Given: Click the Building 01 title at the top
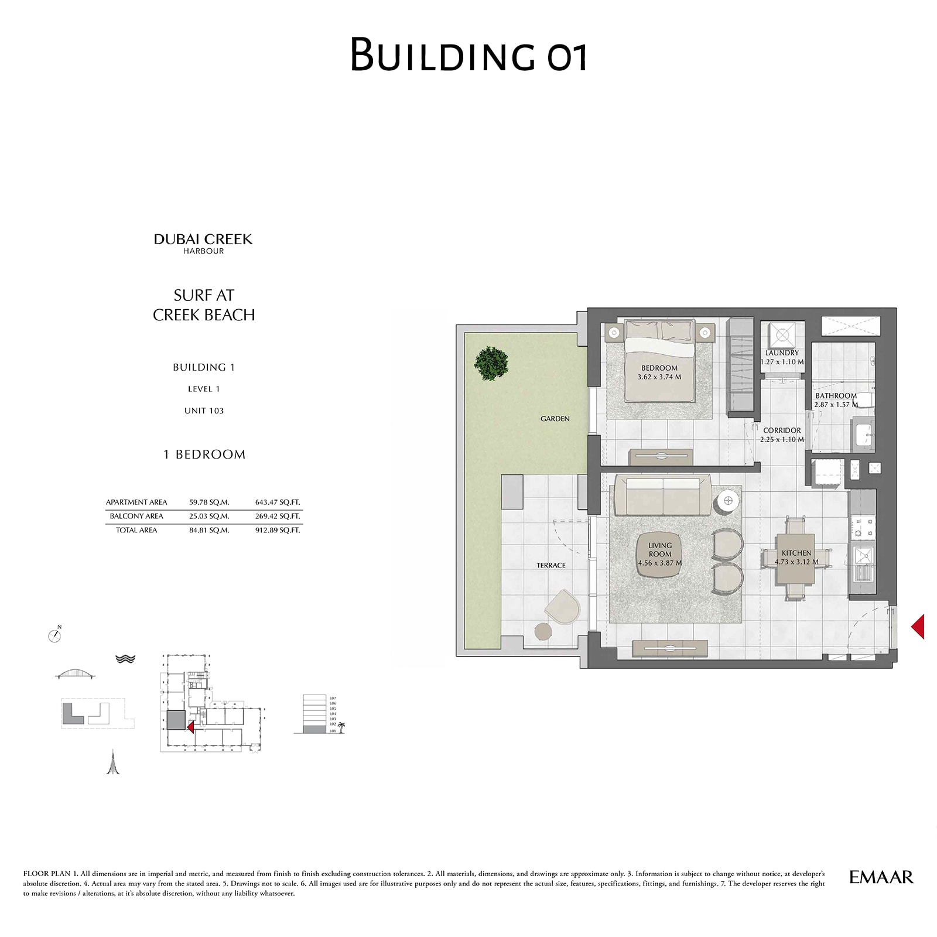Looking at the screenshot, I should (468, 55).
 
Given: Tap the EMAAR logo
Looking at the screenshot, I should (881, 877).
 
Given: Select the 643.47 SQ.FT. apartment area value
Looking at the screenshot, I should (277, 502).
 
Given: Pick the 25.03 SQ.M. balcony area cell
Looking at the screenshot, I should (209, 516).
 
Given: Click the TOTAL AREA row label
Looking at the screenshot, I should (136, 530).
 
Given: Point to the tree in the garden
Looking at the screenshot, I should (491, 363).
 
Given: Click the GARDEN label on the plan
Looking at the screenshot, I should (555, 419).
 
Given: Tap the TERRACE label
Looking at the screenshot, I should (550, 565).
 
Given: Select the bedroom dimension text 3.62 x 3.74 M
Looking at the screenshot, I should (659, 377).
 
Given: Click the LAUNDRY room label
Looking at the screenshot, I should (782, 353).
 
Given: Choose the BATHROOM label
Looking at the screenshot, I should (836, 396).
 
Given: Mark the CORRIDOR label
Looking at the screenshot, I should (782, 430).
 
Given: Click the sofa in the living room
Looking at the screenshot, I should (662, 495).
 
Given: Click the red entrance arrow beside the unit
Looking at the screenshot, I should (918, 626).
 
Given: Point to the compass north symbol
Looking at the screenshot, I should (55, 635).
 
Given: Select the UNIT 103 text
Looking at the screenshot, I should (204, 411).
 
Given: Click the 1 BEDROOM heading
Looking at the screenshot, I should (204, 454).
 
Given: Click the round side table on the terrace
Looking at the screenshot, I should (543, 631).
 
